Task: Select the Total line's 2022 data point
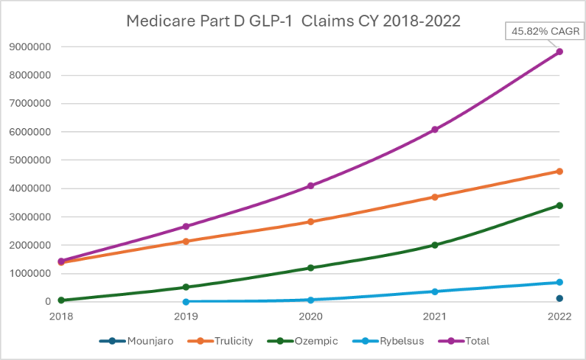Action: (559, 52)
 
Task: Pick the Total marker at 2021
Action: (435, 130)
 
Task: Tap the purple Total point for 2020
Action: (311, 185)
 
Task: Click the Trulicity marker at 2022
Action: (559, 171)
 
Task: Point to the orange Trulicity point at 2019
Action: (186, 241)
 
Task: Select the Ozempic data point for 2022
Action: (559, 205)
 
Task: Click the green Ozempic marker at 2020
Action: (311, 268)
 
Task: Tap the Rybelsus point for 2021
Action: (435, 291)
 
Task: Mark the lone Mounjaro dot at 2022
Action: (559, 298)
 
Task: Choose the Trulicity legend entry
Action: (221, 341)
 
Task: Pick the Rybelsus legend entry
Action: (379, 341)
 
